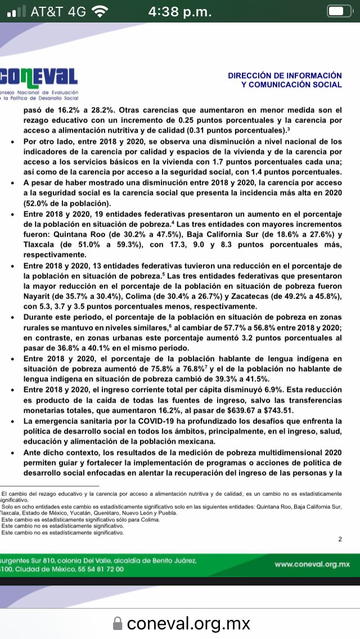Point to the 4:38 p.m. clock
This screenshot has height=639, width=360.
(180, 11)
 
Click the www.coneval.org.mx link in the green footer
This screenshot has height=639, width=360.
(312, 564)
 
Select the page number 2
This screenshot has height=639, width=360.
(340, 539)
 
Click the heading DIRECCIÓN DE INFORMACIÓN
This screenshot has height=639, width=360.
(285, 75)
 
